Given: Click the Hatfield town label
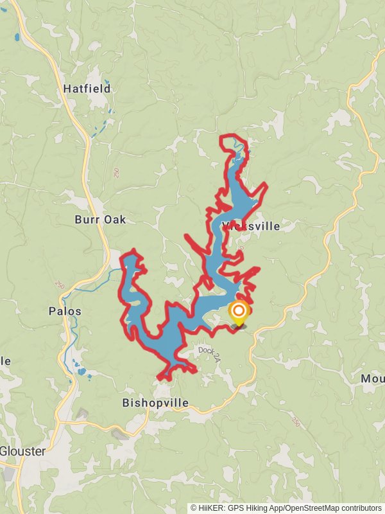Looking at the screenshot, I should point(87,89).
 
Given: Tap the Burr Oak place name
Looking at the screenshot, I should point(100,220).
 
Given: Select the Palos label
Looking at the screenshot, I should point(65,312).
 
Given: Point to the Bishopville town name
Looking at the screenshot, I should point(155,403).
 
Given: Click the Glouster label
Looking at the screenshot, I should point(22,451).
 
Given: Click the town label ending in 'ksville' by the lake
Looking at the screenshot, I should point(253,226).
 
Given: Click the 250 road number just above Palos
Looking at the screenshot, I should point(60,285).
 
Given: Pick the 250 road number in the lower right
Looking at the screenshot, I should point(295,422).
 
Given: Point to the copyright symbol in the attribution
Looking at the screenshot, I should point(194,508).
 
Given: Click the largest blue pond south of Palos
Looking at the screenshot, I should point(81,371).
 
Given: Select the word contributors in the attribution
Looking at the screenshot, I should point(360,508).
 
